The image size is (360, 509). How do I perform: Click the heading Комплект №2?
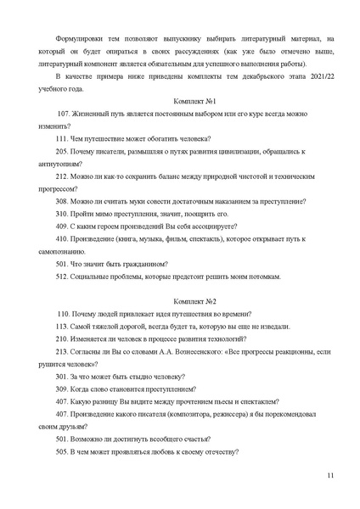[195, 301]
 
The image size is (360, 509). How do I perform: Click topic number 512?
[61, 277]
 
